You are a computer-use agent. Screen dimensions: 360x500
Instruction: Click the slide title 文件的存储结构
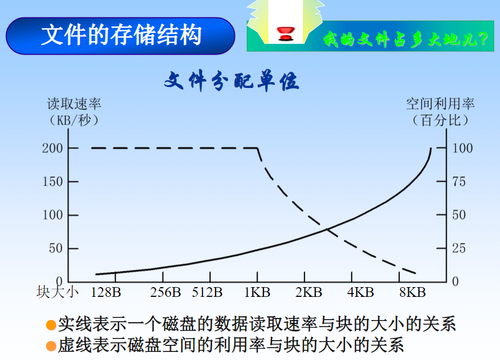tap(121, 35)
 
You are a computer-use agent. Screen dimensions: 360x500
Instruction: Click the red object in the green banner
tap(284, 34)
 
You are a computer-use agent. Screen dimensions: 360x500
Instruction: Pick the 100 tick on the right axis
tap(462, 148)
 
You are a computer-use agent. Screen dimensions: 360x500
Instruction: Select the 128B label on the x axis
tap(106, 293)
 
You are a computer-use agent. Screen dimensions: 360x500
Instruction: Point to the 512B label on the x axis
tap(207, 293)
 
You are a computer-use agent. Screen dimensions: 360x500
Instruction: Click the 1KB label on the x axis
tap(257, 293)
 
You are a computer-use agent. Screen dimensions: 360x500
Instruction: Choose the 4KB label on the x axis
tap(361, 293)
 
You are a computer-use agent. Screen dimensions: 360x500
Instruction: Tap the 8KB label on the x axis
tap(413, 293)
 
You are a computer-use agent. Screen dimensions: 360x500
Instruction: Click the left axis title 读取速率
tap(74, 104)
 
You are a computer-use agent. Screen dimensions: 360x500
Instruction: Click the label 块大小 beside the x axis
tap(58, 293)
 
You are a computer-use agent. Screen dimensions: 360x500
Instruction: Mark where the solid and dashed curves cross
tap(327, 230)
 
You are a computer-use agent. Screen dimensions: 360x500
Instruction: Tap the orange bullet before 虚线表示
tap(51, 345)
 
